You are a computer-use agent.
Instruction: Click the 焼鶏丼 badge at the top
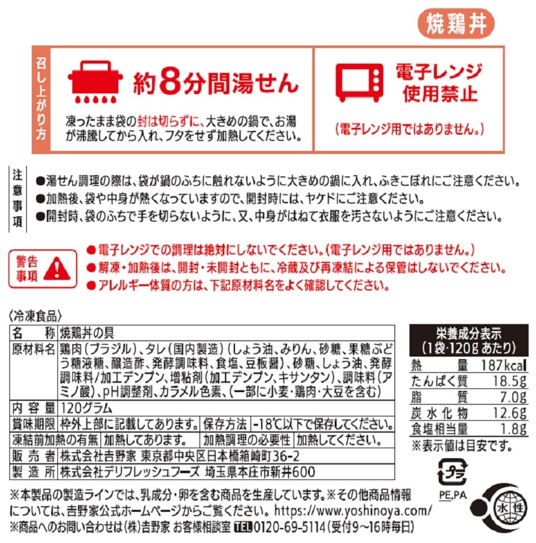pyautogui.click(x=456, y=23)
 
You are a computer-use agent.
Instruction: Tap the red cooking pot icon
pyautogui.click(x=95, y=82)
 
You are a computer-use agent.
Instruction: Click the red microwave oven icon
pyautogui.click(x=360, y=82)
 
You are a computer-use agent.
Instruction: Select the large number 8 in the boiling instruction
pyautogui.click(x=171, y=82)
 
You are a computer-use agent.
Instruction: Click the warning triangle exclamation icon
pyautogui.click(x=57, y=269)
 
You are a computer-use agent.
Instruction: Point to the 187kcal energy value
pyautogui.click(x=504, y=365)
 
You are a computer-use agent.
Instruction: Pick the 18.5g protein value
pyautogui.click(x=509, y=381)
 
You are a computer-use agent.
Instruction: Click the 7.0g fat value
pyautogui.click(x=515, y=397)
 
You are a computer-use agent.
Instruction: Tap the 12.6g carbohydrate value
pyautogui.click(x=509, y=413)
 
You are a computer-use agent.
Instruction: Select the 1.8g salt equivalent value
pyautogui.click(x=515, y=429)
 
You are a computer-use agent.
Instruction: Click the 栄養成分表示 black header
pyautogui.click(x=469, y=340)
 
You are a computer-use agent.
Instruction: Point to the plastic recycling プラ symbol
pyautogui.click(x=452, y=472)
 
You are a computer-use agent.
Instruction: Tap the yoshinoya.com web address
pyautogui.click(x=353, y=511)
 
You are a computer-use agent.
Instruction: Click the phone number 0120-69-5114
pyautogui.click(x=289, y=527)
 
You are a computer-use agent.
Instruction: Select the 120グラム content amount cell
pyautogui.click(x=86, y=408)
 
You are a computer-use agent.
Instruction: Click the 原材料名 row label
pyautogui.click(x=33, y=349)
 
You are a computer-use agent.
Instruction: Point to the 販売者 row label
pyautogui.click(x=33, y=456)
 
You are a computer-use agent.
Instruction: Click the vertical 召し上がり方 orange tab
pyautogui.click(x=41, y=99)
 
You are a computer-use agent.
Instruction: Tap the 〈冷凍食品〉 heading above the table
pyautogui.click(x=36, y=315)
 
